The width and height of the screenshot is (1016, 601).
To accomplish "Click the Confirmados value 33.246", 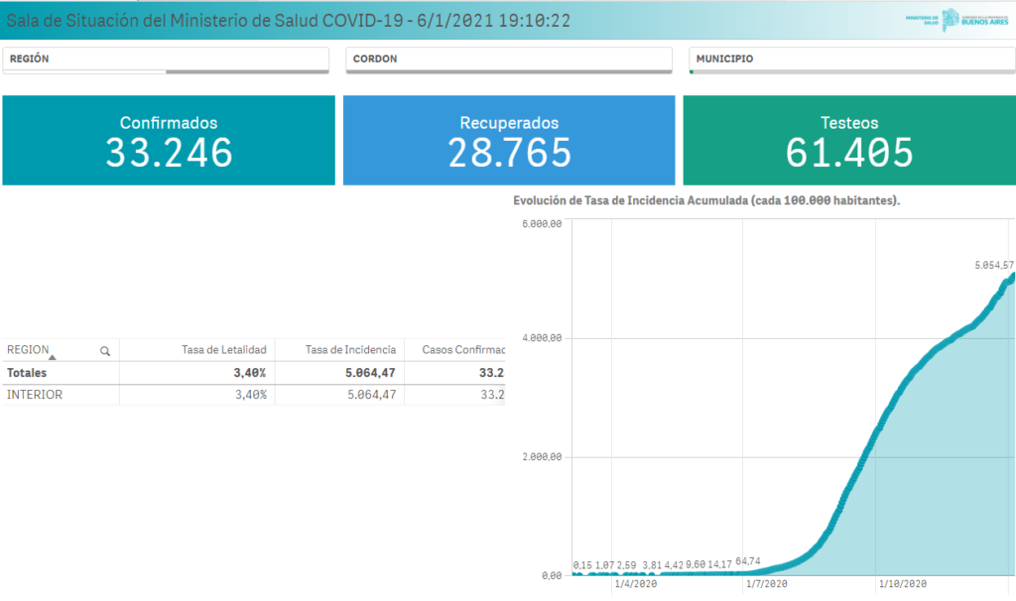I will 169,152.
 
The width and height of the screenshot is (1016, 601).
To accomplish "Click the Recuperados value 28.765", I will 509,152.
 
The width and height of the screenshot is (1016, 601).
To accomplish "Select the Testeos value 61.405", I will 849,152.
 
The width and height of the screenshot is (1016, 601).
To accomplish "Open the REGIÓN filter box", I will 166,60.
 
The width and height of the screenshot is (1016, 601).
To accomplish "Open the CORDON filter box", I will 509,60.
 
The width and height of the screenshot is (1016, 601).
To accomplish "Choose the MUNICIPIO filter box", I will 851,60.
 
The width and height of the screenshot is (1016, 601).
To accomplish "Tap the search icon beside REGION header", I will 105,350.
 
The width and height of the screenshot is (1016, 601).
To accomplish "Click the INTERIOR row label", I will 35,394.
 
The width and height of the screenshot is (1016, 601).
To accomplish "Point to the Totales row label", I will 27,373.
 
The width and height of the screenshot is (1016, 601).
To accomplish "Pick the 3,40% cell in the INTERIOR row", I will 249,394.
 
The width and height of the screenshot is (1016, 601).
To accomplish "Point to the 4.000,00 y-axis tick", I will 542,338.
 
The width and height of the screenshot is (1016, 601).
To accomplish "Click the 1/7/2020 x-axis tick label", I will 767,584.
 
